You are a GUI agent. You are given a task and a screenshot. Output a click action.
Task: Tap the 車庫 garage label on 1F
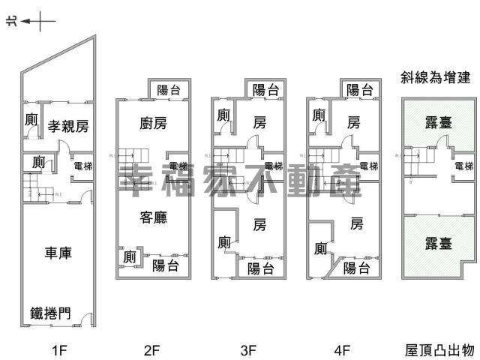56,253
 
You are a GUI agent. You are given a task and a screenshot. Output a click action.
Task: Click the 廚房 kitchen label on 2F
152,123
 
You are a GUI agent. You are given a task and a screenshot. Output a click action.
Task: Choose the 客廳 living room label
153,218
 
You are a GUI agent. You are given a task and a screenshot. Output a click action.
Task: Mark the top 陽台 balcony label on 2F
169,90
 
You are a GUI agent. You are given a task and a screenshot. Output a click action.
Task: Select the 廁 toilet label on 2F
128,256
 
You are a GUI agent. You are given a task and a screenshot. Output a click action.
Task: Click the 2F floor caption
152,349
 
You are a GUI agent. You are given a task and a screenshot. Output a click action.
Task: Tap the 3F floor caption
248,349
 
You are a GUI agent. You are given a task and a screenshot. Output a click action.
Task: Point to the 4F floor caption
343,349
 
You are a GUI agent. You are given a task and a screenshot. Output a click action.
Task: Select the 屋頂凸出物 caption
439,349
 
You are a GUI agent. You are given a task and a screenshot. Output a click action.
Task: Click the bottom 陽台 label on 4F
357,268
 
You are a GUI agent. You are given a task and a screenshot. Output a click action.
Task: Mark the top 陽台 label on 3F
264,90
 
